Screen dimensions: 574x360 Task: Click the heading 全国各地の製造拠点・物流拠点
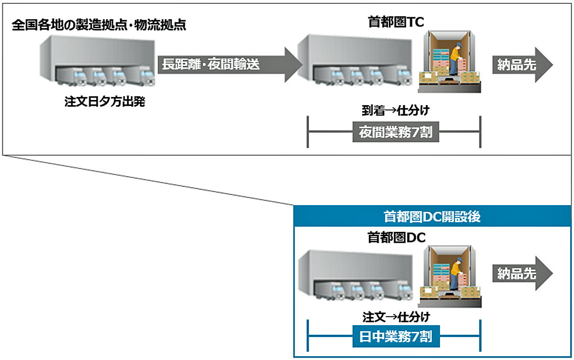click(99, 25)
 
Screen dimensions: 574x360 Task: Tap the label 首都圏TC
click(396, 22)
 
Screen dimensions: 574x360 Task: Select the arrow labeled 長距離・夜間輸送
click(230, 65)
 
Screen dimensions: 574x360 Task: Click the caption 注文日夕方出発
click(105, 102)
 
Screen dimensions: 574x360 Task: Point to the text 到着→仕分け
click(396, 110)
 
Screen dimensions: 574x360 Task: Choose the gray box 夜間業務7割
click(396, 132)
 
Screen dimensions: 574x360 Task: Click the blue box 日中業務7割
click(396, 336)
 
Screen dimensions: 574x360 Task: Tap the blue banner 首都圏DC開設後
click(432, 216)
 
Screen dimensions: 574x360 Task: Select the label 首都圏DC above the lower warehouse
click(397, 237)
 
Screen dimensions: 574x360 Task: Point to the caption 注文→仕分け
click(396, 317)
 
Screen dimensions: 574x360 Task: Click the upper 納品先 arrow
click(523, 65)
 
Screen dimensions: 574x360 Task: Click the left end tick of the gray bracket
click(308, 132)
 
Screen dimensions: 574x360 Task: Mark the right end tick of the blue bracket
click(480, 336)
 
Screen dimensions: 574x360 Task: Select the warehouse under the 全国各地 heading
click(98, 60)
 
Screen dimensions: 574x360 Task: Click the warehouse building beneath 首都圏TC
click(355, 60)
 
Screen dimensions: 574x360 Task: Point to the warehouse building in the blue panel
click(356, 275)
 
